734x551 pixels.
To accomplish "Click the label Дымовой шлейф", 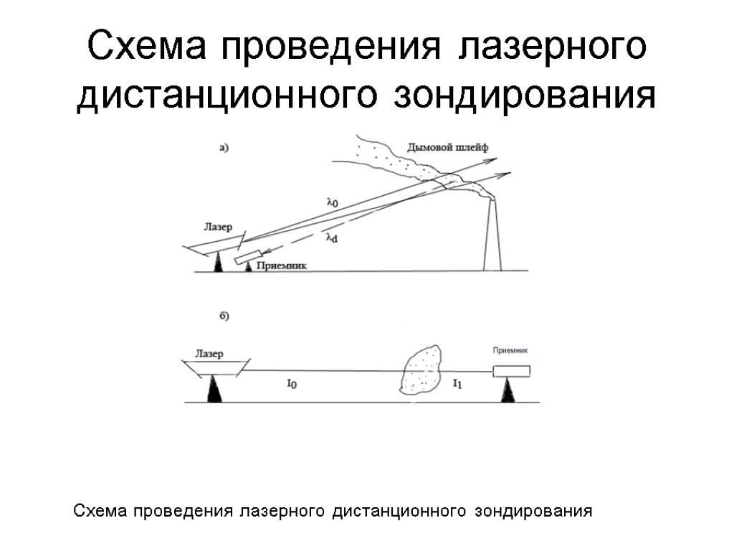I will coord(447,148).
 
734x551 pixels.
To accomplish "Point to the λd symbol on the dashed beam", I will coord(331,237).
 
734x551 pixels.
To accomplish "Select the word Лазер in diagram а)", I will coord(218,227).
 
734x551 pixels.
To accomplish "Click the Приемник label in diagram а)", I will coord(282,265).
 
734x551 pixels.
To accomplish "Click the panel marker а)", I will coord(223,149).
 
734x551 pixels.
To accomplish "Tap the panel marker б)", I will coord(223,316).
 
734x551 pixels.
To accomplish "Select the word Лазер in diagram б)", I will coord(209,354).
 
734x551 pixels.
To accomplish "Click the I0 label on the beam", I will coord(292,385).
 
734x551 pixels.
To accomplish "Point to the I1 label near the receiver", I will coord(457,385).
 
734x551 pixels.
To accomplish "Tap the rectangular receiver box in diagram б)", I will coord(511,371).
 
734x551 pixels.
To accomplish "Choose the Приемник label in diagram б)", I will coord(510,351).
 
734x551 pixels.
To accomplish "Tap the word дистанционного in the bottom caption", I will coord(396,512).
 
